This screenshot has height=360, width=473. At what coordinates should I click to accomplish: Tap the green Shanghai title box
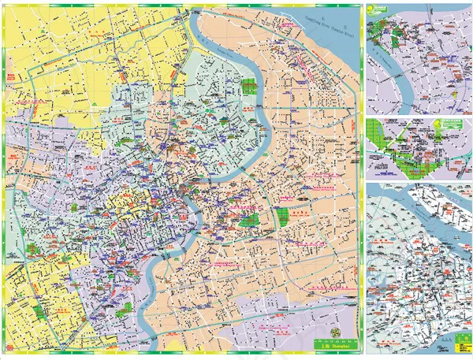pos(334,343)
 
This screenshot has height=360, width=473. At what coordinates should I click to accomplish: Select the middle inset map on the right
pos(418,147)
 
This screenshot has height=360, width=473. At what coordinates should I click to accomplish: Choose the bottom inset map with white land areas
pos(418,268)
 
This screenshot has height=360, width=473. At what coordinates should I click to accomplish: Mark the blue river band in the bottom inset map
pos(394,205)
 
